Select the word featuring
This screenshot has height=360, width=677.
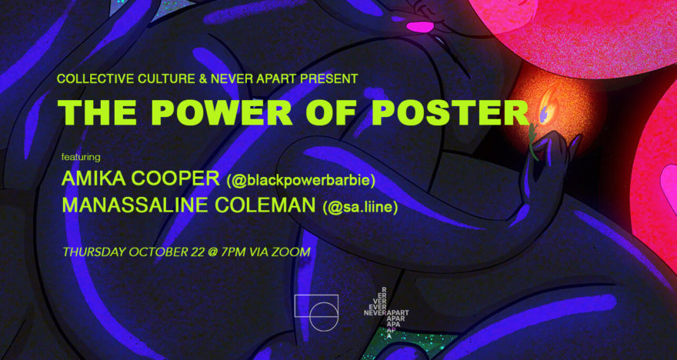pos(81,157)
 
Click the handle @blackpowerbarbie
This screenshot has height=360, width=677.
pos(301,181)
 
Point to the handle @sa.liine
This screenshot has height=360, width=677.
pos(360,207)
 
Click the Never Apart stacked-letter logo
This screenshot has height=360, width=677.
pos(386,312)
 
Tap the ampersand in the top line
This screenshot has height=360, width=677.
pos(203,78)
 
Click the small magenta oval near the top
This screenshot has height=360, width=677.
pos(420,27)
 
